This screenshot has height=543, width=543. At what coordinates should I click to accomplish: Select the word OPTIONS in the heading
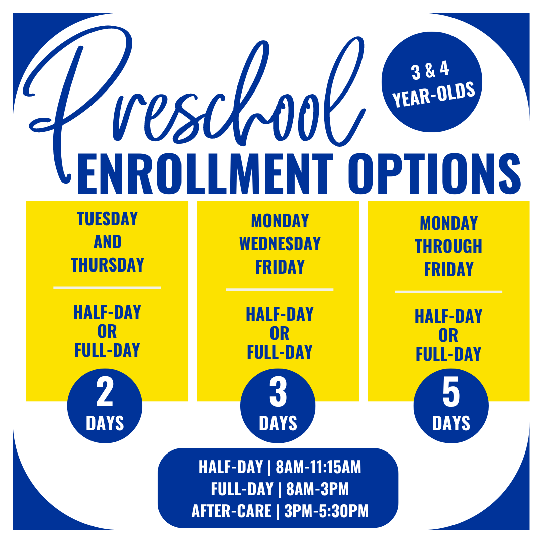[434, 174]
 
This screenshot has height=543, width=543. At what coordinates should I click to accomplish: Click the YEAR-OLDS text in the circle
[433, 95]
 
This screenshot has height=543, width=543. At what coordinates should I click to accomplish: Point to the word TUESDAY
[108, 219]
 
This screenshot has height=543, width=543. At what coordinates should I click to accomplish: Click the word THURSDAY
[108, 265]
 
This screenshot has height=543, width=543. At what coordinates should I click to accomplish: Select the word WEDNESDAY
[280, 244]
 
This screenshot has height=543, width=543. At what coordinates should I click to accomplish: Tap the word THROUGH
[448, 246]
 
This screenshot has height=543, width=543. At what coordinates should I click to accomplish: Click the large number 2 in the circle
[105, 392]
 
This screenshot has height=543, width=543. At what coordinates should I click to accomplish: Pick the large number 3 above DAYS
[278, 392]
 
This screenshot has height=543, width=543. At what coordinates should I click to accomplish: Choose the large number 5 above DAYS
[451, 392]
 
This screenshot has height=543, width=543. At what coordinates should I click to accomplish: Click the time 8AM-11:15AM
[318, 467]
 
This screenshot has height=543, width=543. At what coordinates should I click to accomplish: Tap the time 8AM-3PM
[318, 489]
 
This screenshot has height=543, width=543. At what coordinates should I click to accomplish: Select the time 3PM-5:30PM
[326, 511]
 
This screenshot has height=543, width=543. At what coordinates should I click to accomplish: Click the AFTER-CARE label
[231, 511]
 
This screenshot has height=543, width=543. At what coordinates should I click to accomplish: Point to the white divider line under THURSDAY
[107, 288]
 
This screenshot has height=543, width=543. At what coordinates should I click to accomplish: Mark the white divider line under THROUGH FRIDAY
[448, 292]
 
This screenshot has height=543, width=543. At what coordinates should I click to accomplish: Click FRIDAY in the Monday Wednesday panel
[280, 267]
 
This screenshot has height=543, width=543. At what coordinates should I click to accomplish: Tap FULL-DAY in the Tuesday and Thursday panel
[108, 350]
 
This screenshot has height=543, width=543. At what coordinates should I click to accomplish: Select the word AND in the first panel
[108, 242]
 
